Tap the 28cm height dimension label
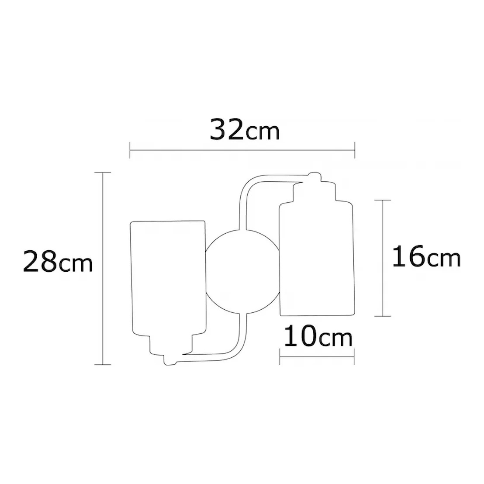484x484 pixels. pyautogui.click(x=58, y=261)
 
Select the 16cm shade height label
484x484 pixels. pyautogui.click(x=426, y=256)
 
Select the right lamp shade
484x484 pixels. pyautogui.click(x=317, y=258)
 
